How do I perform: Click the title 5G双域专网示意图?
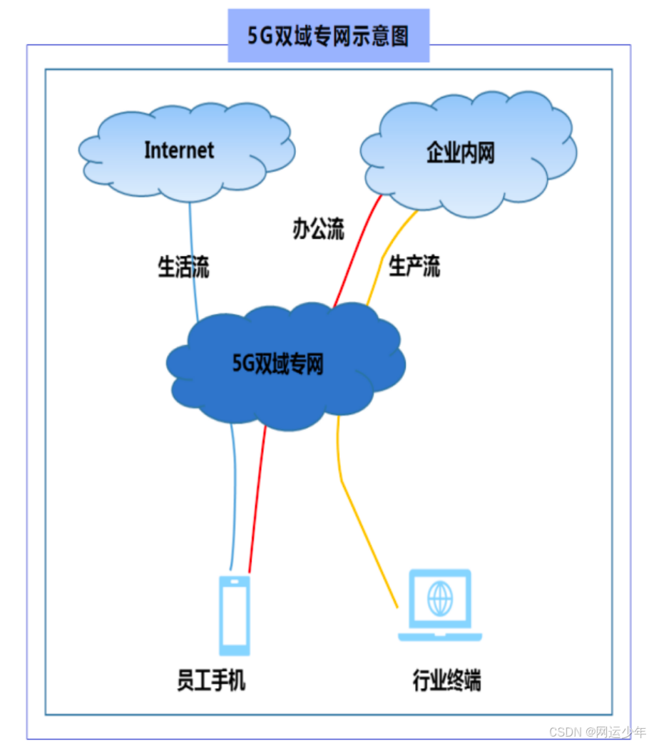tap(328, 36)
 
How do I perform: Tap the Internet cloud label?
tap(179, 150)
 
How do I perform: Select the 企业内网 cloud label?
tap(460, 153)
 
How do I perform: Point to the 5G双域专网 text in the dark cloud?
tap(278, 364)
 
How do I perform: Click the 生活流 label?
tap(183, 267)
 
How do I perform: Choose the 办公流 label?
tap(318, 229)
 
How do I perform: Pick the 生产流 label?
tap(414, 267)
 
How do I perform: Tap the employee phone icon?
tap(235, 615)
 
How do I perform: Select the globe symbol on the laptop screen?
tap(439, 598)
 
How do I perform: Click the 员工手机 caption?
tap(211, 680)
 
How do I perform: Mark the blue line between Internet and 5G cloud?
tap(193, 257)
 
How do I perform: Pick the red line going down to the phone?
tap(257, 499)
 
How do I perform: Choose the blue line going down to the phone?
tap(234, 499)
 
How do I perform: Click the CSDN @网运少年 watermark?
tap(598, 732)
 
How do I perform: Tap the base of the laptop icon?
tap(439, 636)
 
